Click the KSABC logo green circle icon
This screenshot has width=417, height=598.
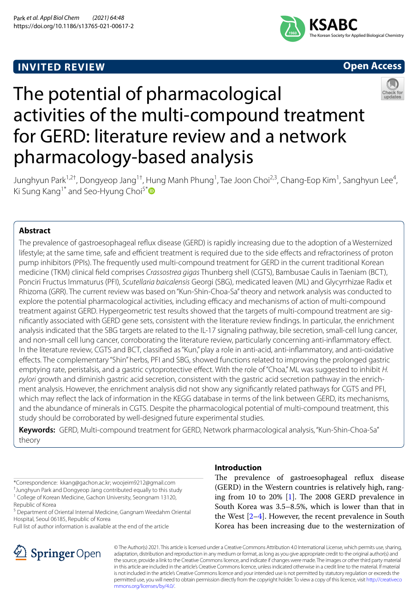click(292, 29)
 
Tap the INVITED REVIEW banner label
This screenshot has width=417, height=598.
click(61, 67)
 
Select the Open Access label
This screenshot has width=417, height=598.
click(372, 66)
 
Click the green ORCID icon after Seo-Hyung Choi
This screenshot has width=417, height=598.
click(151, 191)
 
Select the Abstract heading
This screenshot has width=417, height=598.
click(35, 231)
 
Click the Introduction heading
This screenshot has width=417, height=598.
click(238, 468)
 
